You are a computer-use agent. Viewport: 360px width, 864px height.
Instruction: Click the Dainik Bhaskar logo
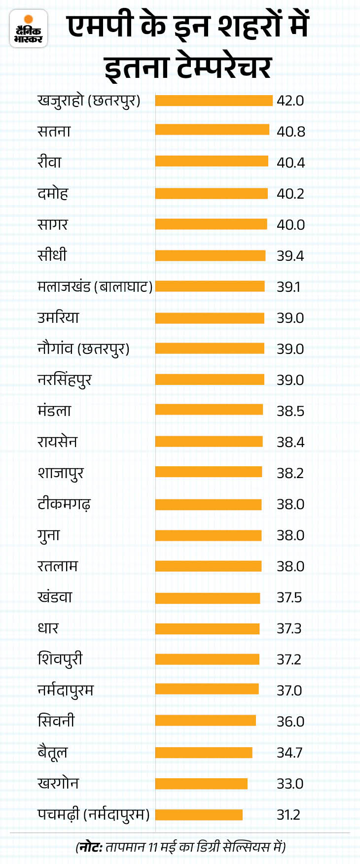29,29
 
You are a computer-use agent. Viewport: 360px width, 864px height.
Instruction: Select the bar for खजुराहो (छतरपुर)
214,101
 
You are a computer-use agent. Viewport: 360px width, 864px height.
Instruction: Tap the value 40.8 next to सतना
290,132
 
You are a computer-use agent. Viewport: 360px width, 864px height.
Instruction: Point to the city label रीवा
49,162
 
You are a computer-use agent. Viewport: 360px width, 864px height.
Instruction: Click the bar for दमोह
211,194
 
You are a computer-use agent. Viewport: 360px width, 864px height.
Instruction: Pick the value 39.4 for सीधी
290,256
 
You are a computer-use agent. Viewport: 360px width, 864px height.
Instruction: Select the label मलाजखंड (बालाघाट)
95,286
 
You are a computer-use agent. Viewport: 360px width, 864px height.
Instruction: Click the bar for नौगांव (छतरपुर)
210,349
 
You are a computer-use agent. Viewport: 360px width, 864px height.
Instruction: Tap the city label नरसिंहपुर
65,380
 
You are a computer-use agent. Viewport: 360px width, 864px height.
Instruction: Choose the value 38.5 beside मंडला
290,411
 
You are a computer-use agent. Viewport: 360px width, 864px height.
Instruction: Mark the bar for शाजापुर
209,472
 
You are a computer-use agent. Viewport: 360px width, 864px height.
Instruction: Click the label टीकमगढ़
64,504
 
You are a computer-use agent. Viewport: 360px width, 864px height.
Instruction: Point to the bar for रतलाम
208,566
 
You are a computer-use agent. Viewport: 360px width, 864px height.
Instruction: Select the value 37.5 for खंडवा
289,597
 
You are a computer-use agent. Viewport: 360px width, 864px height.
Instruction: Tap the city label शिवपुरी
60,659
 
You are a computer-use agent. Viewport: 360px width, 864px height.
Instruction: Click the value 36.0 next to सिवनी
290,722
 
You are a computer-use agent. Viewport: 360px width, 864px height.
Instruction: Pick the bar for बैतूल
204,753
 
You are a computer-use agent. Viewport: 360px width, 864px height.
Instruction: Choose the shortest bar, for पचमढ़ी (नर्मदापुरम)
199,815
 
